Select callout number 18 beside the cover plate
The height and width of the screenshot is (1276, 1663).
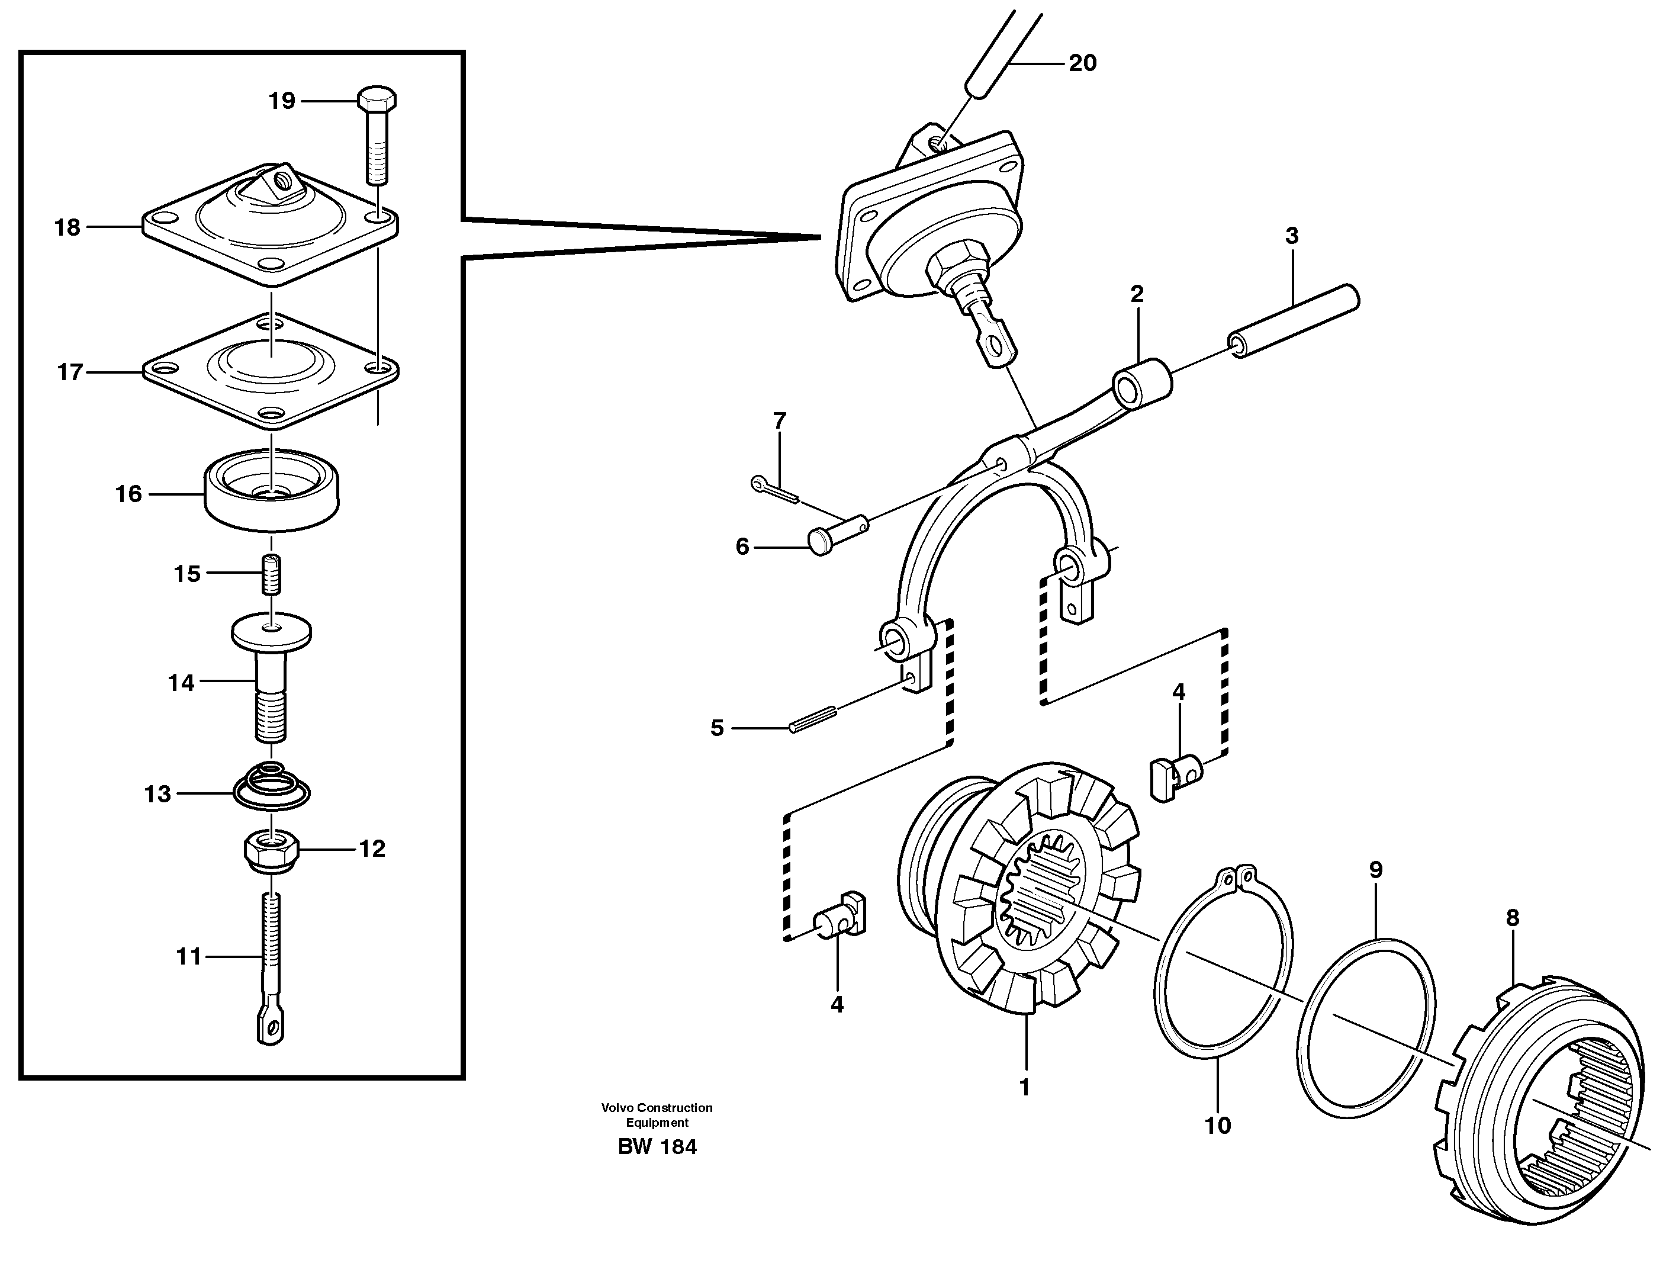67,227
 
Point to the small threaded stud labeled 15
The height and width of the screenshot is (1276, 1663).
271,574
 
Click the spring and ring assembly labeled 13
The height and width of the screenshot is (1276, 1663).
271,787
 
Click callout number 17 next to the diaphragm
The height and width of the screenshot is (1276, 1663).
70,372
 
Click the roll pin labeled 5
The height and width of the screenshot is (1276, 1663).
812,718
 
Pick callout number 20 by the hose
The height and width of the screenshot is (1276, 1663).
1082,63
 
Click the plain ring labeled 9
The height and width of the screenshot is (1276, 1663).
1367,1029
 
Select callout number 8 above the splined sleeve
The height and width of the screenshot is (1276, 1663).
1512,918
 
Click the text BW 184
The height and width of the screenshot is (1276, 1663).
657,1147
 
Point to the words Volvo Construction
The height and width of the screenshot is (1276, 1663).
657,1107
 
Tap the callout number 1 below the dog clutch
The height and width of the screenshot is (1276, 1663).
1024,1088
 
